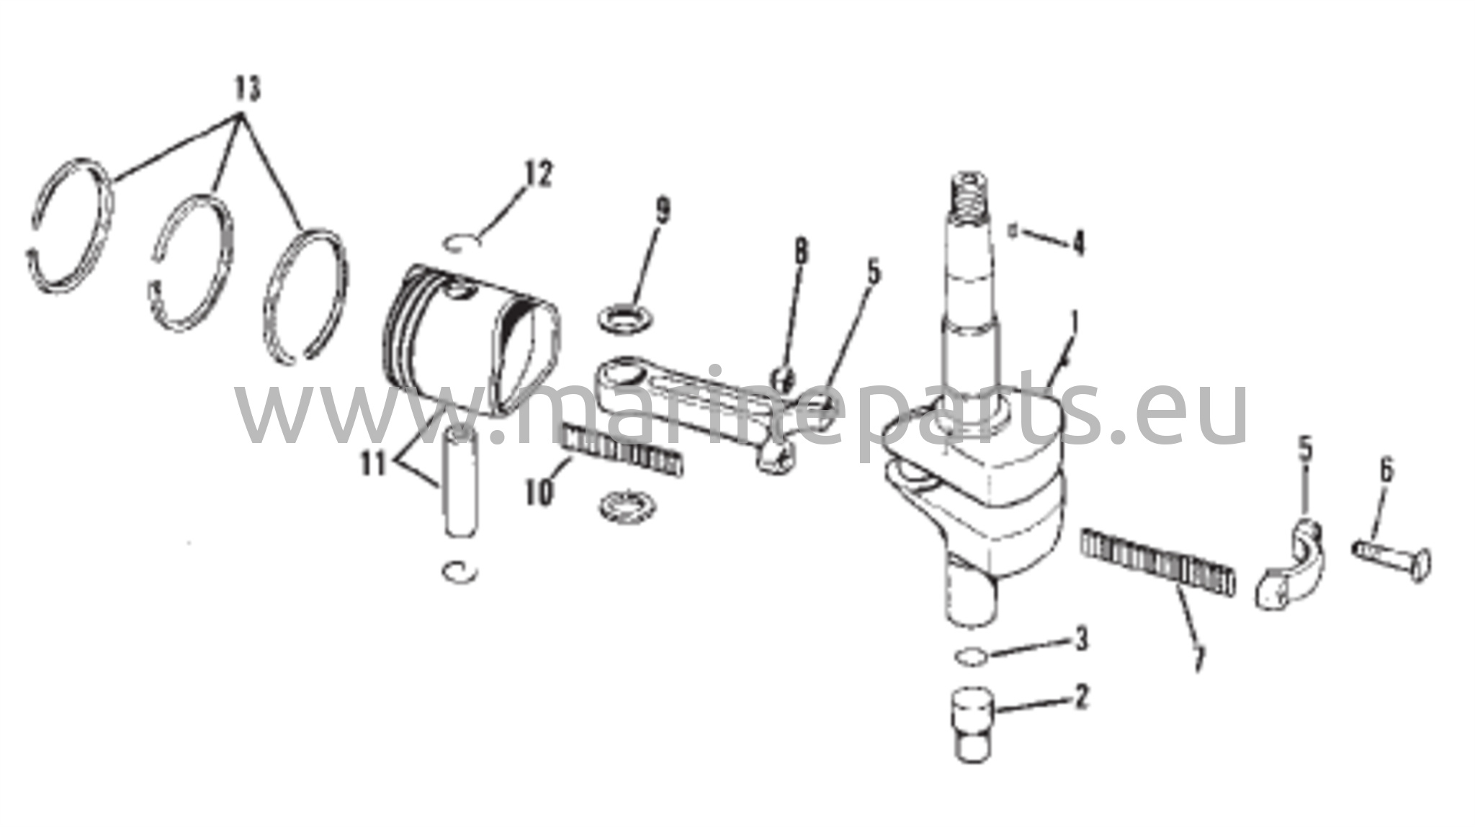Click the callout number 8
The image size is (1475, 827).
coord(799,252)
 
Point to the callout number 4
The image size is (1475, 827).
coord(1077,243)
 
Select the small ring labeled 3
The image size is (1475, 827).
coord(969,656)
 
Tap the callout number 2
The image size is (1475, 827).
coord(1080,697)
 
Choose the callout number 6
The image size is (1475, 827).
coord(1386,471)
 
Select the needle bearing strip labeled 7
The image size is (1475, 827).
coord(1158,561)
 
